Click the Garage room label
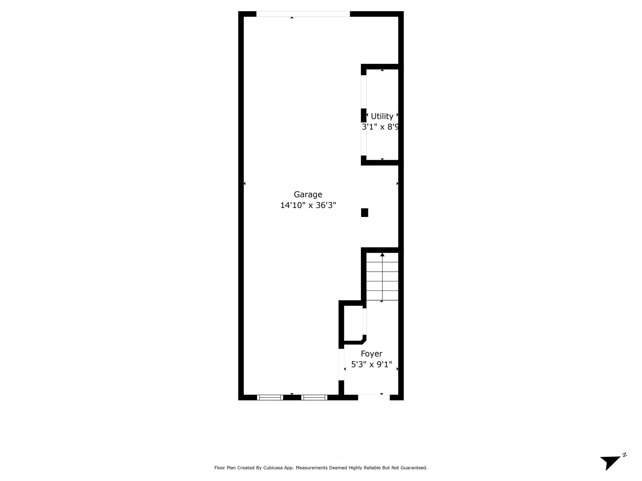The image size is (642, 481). (308, 195)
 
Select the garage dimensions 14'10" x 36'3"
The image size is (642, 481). (308, 205)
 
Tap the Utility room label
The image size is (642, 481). (382, 116)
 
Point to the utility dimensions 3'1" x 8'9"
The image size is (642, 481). (381, 127)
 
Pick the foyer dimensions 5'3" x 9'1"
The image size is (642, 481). (371, 365)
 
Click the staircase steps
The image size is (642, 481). (382, 277)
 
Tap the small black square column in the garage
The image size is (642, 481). (365, 213)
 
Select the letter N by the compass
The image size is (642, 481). (624, 455)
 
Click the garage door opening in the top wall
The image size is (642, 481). (303, 14)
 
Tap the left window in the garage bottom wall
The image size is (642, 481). (270, 397)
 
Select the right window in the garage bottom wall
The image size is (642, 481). (314, 397)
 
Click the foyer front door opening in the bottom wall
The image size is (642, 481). (374, 397)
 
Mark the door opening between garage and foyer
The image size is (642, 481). (341, 365)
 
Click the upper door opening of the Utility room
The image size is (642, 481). (364, 92)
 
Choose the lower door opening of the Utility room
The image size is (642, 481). (364, 139)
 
